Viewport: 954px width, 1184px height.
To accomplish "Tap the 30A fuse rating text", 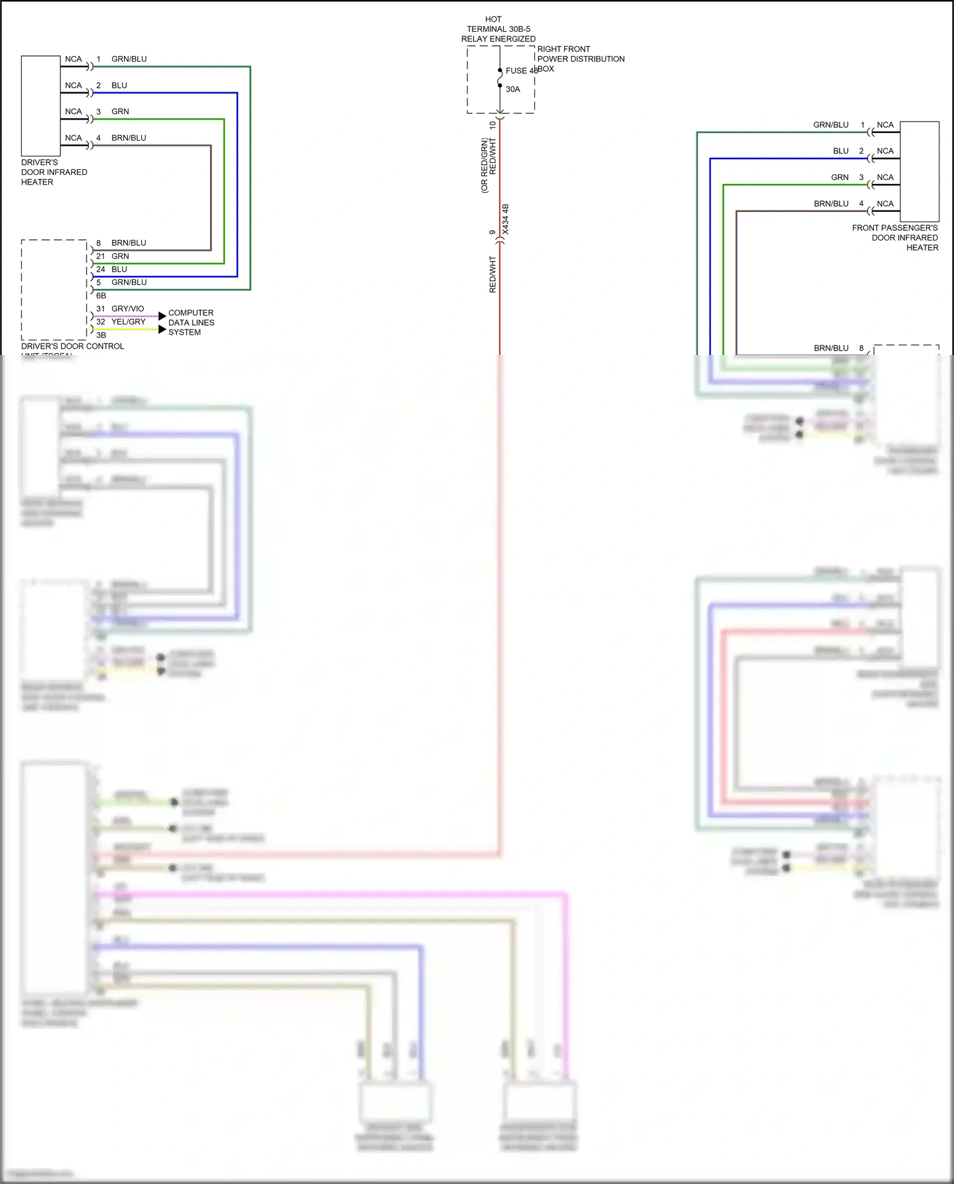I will (513, 89).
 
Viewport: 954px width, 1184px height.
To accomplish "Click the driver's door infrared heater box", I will (41, 106).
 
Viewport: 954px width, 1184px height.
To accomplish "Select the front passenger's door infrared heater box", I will (920, 171).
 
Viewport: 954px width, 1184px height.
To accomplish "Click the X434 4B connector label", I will (506, 219).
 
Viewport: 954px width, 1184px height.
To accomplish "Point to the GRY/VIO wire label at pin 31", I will (128, 309).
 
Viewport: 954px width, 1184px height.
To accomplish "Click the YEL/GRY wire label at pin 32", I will (128, 322).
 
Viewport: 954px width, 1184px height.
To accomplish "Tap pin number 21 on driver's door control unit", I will (100, 256).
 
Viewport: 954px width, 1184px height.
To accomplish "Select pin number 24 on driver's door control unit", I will (100, 269).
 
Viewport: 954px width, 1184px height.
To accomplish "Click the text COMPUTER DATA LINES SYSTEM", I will (191, 323).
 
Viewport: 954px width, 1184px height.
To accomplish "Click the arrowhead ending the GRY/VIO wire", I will (162, 316).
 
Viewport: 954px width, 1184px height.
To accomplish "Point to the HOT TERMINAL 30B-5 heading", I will (498, 29).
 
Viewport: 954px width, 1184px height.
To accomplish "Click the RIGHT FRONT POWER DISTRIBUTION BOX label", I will (580, 59).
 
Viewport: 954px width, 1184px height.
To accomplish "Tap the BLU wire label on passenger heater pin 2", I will (841, 151).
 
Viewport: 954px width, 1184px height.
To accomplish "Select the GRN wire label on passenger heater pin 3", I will (840, 178).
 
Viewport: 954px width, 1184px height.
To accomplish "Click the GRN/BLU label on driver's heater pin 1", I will (129, 59).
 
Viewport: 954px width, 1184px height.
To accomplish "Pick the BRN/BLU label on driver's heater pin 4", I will (128, 138).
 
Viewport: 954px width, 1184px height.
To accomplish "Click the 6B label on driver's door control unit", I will (101, 296).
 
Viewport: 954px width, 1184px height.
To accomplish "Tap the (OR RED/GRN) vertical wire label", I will (485, 165).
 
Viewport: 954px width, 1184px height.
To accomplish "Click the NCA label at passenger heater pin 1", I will (885, 125).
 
